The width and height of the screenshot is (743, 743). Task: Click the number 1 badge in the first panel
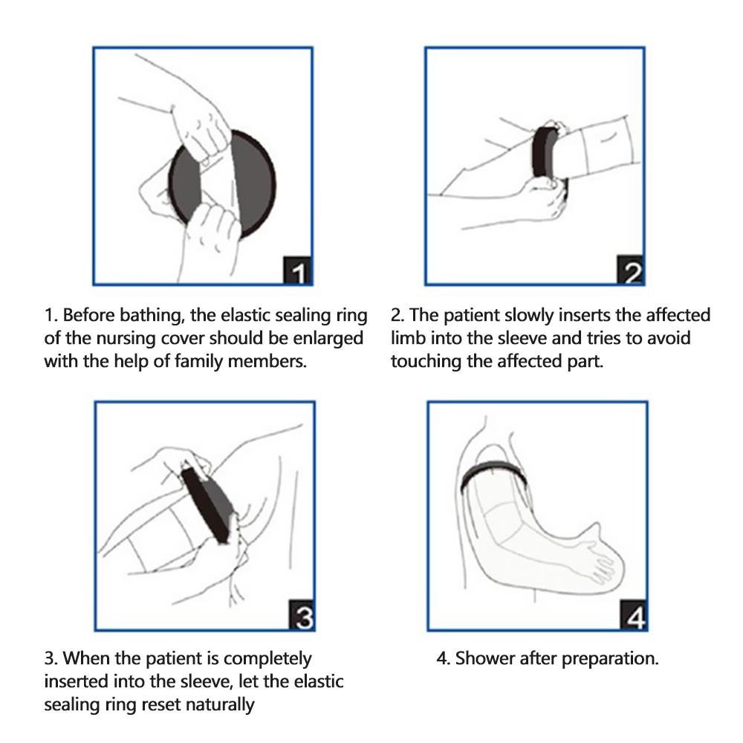pyautogui.click(x=298, y=272)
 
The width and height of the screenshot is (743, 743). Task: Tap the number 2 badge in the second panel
pyautogui.click(x=631, y=272)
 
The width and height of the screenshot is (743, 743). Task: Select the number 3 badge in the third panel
pyautogui.click(x=302, y=617)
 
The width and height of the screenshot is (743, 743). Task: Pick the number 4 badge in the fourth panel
pyautogui.click(x=633, y=617)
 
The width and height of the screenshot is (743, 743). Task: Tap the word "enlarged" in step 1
pyautogui.click(x=331, y=339)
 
